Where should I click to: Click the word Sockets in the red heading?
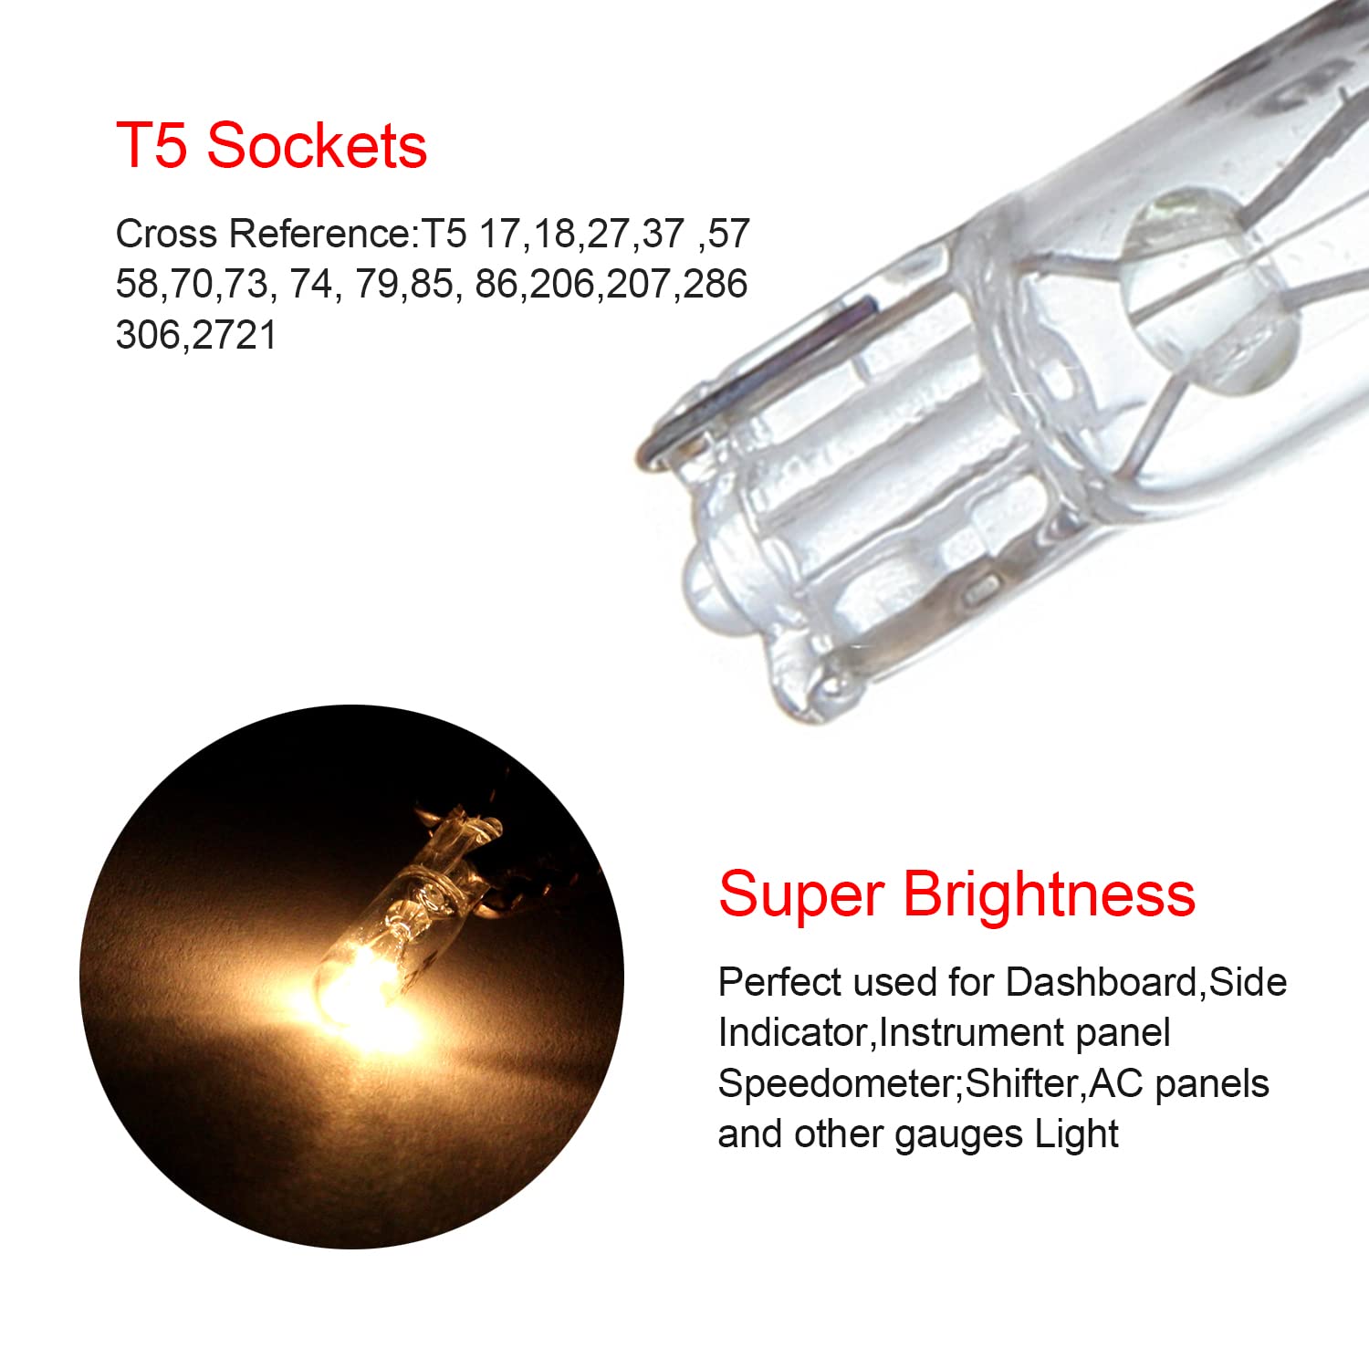pos(317,146)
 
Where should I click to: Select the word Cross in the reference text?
pos(166,234)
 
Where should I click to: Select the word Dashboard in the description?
pos(1101,982)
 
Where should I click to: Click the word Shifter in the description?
pos(1023,1083)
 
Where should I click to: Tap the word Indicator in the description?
pos(795,1033)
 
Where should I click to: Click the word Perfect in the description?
pos(779,982)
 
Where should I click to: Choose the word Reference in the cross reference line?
pos(319,234)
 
